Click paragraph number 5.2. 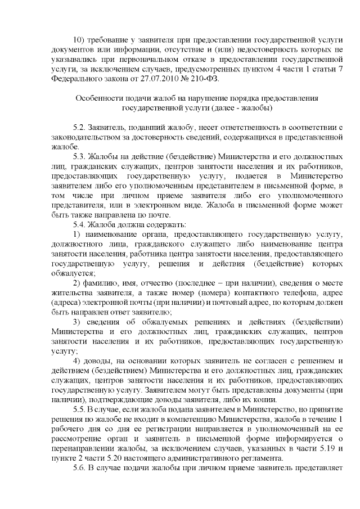81,128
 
